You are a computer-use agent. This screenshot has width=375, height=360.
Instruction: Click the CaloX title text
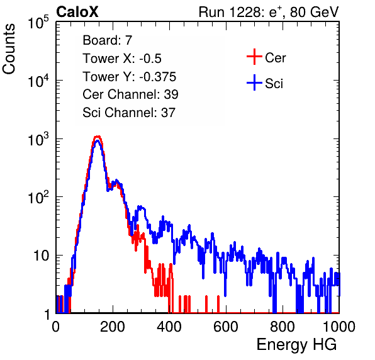pyautogui.click(x=77, y=12)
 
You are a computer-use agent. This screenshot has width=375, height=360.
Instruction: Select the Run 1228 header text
pyautogui.click(x=269, y=12)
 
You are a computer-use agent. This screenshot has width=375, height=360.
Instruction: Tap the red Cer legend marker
pyautogui.click(x=254, y=57)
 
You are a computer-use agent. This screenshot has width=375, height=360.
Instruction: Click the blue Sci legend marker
pyautogui.click(x=254, y=82)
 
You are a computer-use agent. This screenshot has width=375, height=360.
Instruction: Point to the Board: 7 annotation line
pyautogui.click(x=107, y=40)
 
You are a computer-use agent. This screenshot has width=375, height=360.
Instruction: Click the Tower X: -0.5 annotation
pyautogui.click(x=122, y=59)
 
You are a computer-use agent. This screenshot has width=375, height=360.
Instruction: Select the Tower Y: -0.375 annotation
pyautogui.click(x=129, y=77)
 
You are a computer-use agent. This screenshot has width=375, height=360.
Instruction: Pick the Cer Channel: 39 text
pyautogui.click(x=130, y=94)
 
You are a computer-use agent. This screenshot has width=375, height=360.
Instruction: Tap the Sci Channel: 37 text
pyautogui.click(x=129, y=113)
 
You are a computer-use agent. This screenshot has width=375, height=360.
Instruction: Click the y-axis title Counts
pyautogui.click(x=9, y=49)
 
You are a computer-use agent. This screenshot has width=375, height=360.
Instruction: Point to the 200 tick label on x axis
pyautogui.click(x=113, y=327)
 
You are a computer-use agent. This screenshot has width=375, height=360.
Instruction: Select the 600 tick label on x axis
pyautogui.click(x=226, y=327)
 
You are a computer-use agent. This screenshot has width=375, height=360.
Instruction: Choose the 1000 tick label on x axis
pyautogui.click(x=339, y=327)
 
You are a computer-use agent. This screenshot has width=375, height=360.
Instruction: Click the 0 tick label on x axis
pyautogui.click(x=56, y=327)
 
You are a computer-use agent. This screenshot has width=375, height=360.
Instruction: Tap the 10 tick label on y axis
pyautogui.click(x=42, y=256)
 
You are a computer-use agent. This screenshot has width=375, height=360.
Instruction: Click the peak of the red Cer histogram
pyautogui.click(x=98, y=137)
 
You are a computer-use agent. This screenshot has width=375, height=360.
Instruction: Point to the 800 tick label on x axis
pyautogui.click(x=283, y=327)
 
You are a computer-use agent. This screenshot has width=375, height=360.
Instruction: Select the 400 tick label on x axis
pyautogui.click(x=169, y=327)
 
